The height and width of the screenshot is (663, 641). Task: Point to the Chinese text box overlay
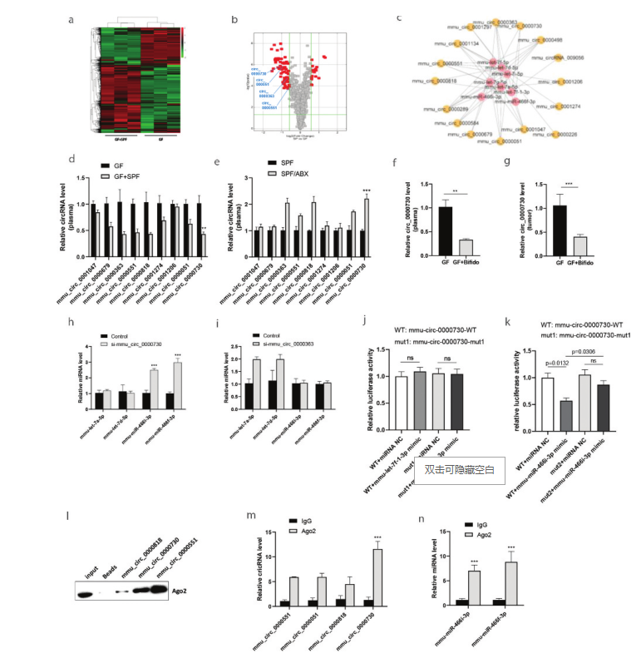tap(460, 470)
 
